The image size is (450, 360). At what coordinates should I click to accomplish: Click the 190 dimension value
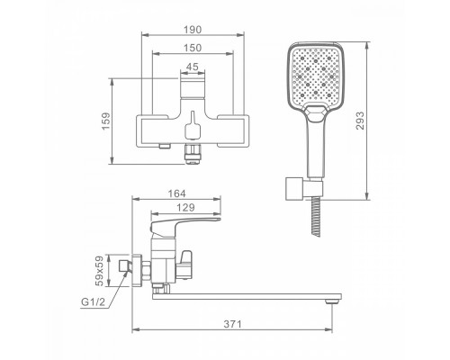[x=193, y=30]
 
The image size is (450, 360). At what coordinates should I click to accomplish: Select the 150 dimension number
[x=193, y=48]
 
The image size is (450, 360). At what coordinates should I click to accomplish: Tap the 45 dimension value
[x=193, y=67]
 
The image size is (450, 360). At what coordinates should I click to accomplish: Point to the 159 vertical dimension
[x=106, y=121]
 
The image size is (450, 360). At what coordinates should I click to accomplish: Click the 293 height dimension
[x=360, y=121]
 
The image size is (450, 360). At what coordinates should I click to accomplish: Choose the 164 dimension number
[x=176, y=193]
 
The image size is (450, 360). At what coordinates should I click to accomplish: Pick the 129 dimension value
[x=185, y=207]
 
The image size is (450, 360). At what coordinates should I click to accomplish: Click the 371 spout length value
[x=232, y=324]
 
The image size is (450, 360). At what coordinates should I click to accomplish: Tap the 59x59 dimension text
[x=99, y=271]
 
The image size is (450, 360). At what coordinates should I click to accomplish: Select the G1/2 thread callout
[x=93, y=302]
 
